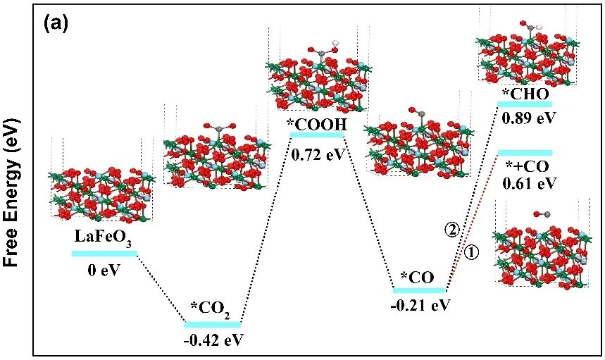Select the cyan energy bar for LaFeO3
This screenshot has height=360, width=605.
[x=104, y=253]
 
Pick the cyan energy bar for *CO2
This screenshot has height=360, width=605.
[x=213, y=324]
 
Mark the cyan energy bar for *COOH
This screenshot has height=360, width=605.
[x=317, y=137]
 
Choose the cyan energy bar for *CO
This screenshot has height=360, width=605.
[x=420, y=290]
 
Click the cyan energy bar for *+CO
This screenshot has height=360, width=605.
[x=525, y=152]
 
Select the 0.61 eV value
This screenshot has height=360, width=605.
[x=530, y=183]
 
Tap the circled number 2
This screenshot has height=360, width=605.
[x=452, y=229]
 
